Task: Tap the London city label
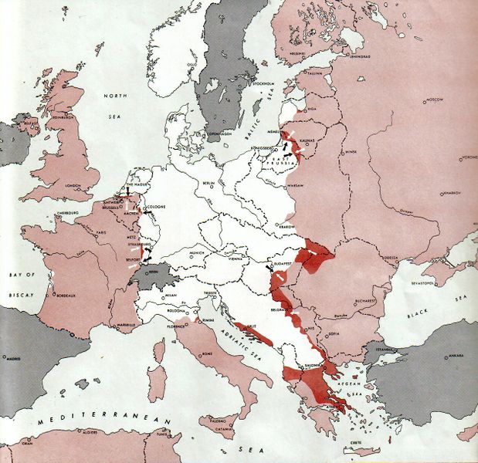pyautogui.click(x=73, y=185)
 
